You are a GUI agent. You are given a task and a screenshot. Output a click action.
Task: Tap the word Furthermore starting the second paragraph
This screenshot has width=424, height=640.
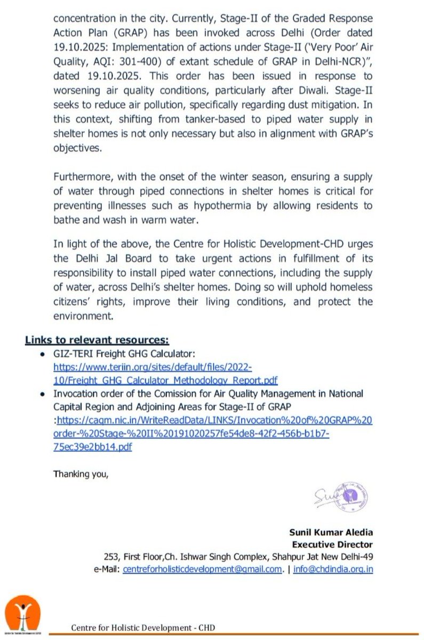(84, 177)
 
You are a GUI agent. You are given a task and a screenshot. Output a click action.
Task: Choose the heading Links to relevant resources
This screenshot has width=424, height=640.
(97, 339)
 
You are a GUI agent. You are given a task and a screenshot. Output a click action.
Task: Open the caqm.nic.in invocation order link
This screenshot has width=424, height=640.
(213, 434)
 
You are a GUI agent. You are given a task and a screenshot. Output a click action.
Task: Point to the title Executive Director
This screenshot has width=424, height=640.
(332, 545)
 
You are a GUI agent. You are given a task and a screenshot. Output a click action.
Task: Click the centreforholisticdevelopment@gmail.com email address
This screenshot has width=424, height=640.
(202, 569)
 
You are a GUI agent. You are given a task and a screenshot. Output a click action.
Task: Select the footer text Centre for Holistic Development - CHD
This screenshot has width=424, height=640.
(143, 628)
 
